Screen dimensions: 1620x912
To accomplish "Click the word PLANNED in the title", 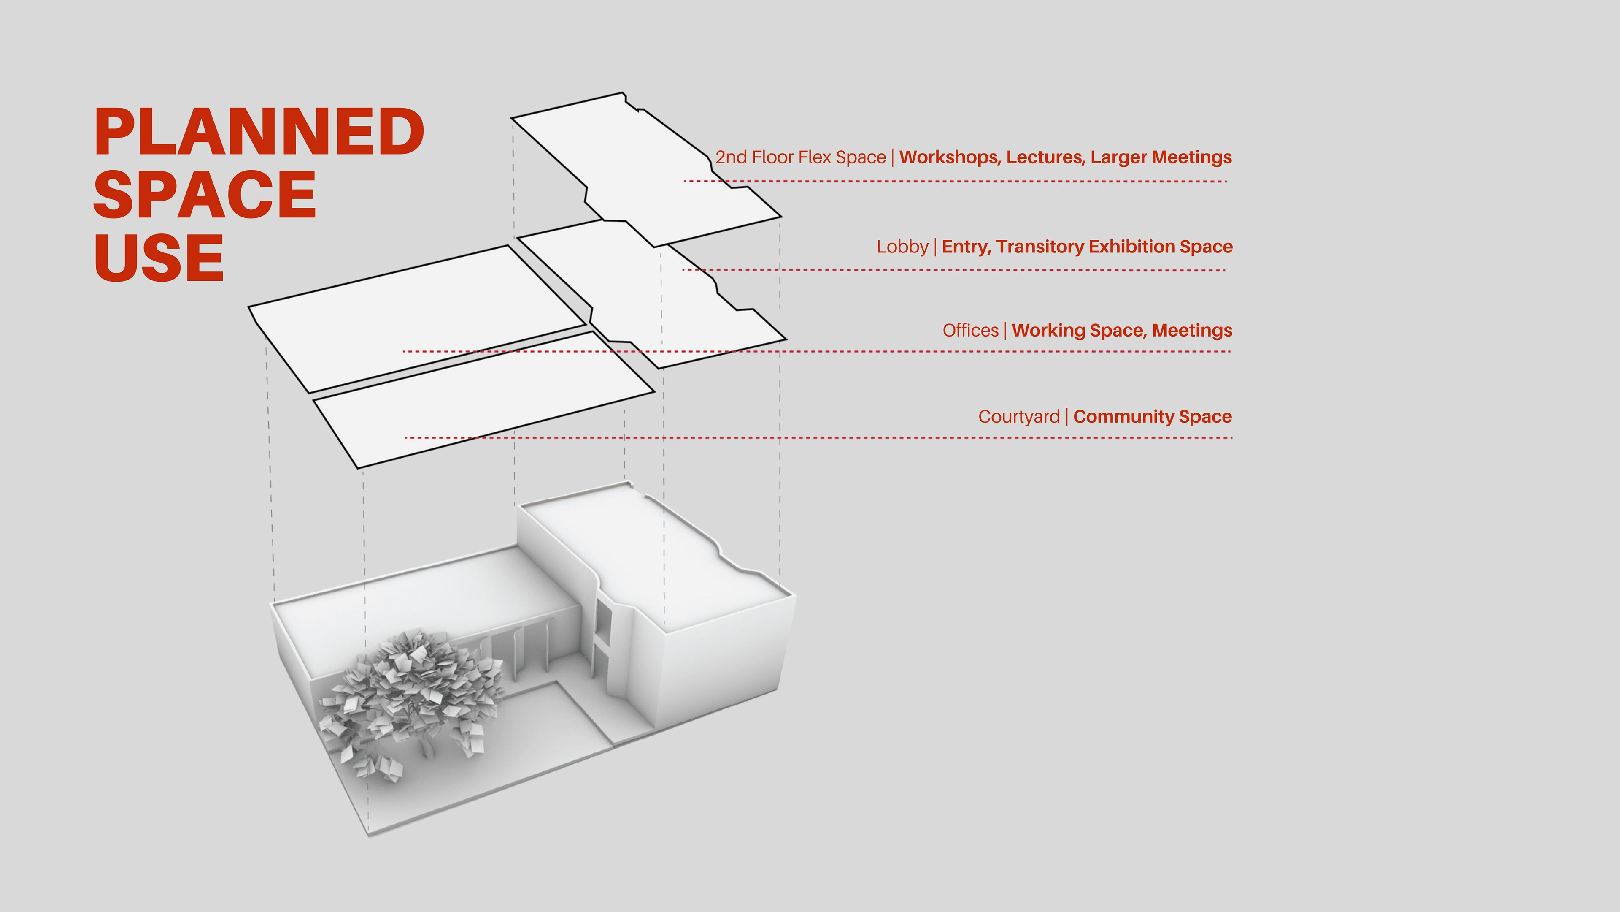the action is [259, 132].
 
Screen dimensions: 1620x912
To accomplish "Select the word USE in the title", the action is [159, 258].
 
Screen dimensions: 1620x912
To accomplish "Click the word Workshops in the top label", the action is [950, 157].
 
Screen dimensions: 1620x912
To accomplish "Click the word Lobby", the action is [902, 247].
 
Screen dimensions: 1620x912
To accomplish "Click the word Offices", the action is [970, 331].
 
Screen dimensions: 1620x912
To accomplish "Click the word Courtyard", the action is [1019, 417].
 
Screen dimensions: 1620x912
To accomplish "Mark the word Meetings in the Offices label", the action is [1192, 331].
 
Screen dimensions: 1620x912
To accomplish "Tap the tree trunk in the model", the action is [428, 746].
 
